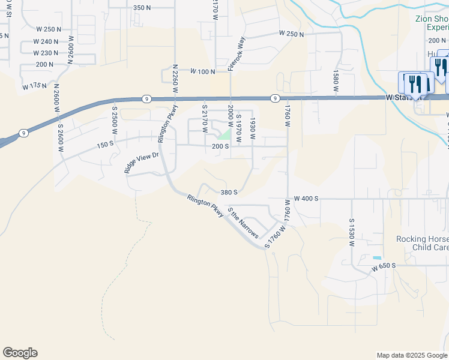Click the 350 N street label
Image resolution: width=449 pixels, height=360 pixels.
(x=142, y=8)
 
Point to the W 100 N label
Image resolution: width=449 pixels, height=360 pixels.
(x=202, y=71)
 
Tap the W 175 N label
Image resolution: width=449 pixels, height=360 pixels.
(x=34, y=86)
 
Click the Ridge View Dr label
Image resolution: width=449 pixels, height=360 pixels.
(x=141, y=163)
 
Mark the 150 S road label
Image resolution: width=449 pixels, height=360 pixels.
(x=105, y=145)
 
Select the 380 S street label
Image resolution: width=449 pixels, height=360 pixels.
(x=229, y=193)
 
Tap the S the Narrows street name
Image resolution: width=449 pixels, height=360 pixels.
(x=243, y=223)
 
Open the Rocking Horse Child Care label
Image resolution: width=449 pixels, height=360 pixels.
(x=422, y=243)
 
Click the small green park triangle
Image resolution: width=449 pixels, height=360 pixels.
(x=225, y=134)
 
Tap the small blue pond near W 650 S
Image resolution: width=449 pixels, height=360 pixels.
(x=376, y=259)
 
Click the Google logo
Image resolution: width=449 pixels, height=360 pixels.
(x=20, y=353)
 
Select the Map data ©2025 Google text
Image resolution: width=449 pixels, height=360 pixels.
(x=411, y=355)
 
